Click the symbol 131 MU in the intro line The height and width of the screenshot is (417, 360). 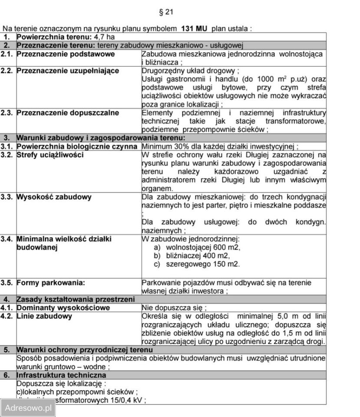pyautogui.click(x=194, y=29)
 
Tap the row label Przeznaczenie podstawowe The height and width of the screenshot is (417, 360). pyautogui.click(x=66, y=54)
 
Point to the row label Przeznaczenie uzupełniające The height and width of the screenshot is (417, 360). pyautogui.click(x=68, y=71)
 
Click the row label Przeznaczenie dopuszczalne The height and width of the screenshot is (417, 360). pyautogui.click(x=68, y=113)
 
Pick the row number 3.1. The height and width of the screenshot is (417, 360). pyautogui.click(x=7, y=146)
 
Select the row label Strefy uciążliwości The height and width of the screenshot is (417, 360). pyautogui.click(x=50, y=155)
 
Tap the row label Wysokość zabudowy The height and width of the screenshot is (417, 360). pyautogui.click(x=54, y=197)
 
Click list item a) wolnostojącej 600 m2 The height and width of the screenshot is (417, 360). pyautogui.click(x=197, y=247)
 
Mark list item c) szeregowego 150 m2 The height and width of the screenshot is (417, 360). pyautogui.click(x=197, y=264)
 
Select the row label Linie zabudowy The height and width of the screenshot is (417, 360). pyautogui.click(x=44, y=316)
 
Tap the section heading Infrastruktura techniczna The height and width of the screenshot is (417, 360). pyautogui.click(x=61, y=375)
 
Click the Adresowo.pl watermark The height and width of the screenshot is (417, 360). pyautogui.click(x=28, y=408)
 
